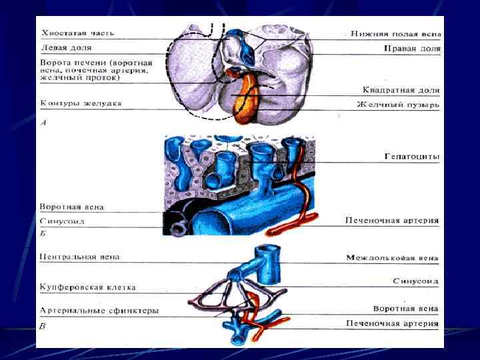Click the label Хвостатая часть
pos(78,33)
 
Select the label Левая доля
pos(67,49)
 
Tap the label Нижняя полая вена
pos(396,33)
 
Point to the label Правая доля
pos(412,49)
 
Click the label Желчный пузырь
pos(397,105)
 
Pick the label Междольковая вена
pos(392,257)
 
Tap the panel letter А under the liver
pos(44,123)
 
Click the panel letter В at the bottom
pos(44,326)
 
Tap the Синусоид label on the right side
pos(415,281)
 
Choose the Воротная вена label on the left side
pos(72,207)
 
